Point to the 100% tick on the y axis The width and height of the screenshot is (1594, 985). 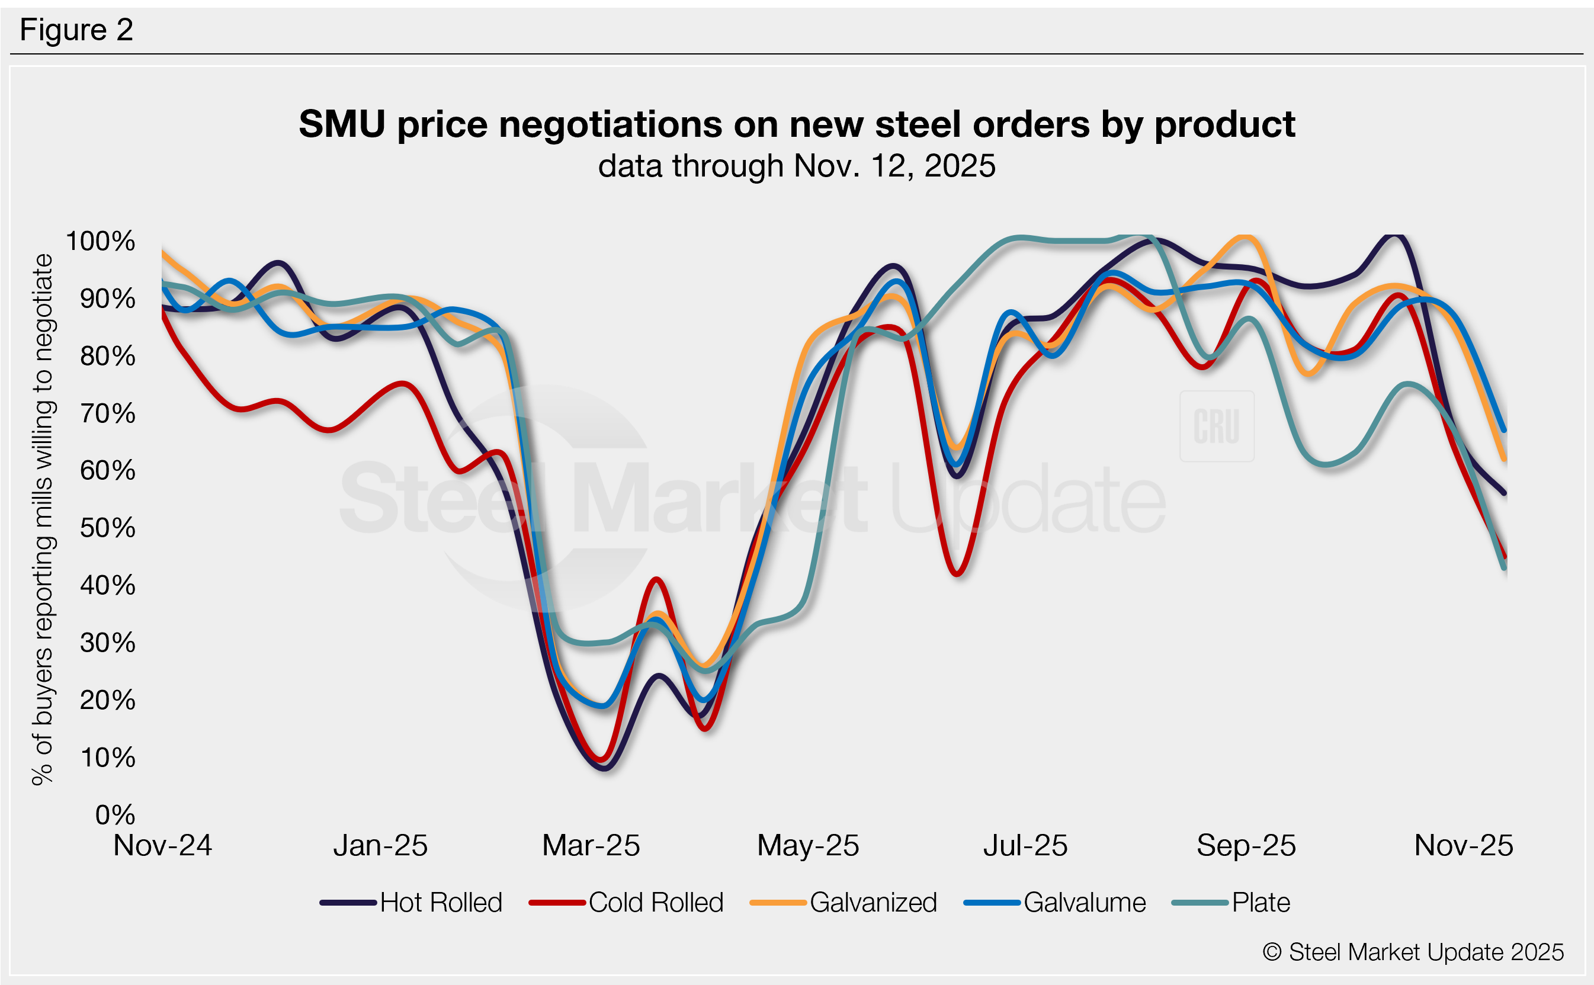[100, 241]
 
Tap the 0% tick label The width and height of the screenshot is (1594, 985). [115, 814]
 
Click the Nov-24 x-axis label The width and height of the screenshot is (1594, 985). [162, 846]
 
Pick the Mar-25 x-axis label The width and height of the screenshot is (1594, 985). [591, 846]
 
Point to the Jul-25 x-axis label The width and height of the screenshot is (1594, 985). [1025, 846]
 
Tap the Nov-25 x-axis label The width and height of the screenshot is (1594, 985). [1463, 846]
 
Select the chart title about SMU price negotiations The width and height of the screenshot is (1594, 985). [797, 124]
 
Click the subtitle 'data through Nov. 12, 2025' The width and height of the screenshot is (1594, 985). [797, 165]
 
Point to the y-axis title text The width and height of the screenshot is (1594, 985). [42, 520]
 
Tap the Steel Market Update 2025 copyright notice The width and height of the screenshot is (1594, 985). [1413, 952]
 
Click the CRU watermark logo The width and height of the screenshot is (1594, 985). [1216, 426]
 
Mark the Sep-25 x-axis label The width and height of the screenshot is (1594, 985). [1246, 846]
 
